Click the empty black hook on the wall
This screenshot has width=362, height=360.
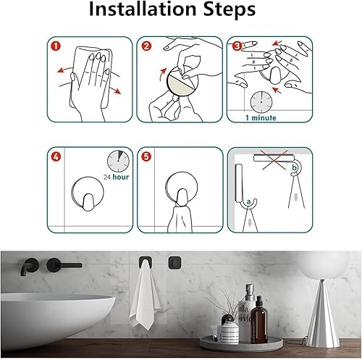coord(173,261)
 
